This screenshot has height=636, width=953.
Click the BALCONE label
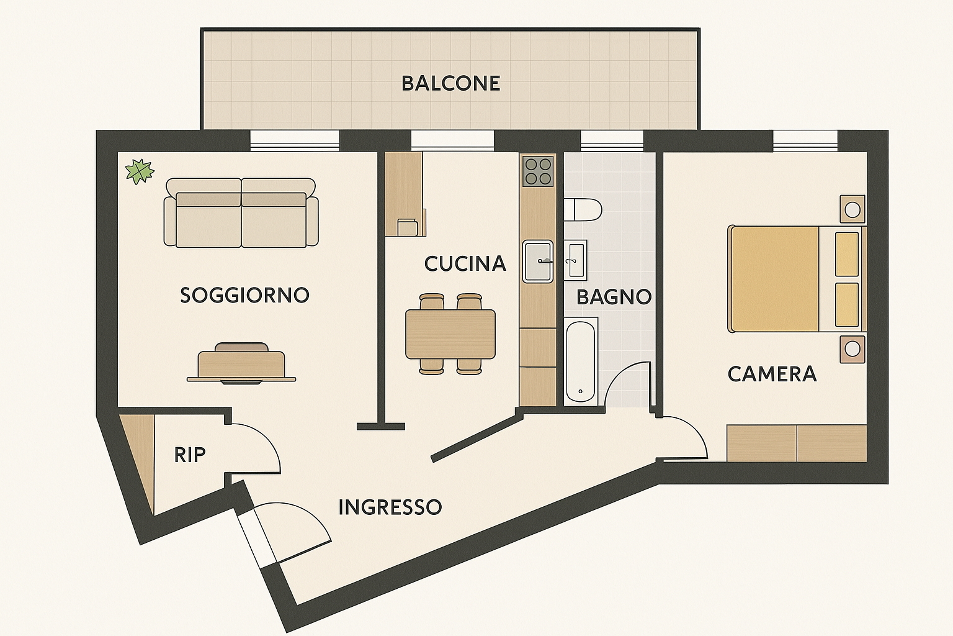point(450,83)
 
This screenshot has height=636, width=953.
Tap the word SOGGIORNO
point(244,295)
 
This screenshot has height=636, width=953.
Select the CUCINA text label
point(465,264)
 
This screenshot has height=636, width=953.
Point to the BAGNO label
point(614,297)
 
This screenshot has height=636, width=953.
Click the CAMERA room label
point(772,374)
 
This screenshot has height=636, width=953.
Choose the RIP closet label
point(189,455)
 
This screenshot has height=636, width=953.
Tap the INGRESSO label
point(390,507)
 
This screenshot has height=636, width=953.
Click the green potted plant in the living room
point(140,171)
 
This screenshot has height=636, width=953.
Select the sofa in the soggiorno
point(241,213)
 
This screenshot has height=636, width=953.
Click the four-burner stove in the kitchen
point(537,171)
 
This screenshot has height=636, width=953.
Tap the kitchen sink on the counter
point(537,261)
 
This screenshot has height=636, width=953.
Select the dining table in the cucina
point(450,334)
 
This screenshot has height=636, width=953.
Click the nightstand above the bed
point(852,209)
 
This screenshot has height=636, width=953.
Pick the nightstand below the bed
point(852,348)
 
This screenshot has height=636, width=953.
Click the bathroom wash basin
point(576,260)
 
